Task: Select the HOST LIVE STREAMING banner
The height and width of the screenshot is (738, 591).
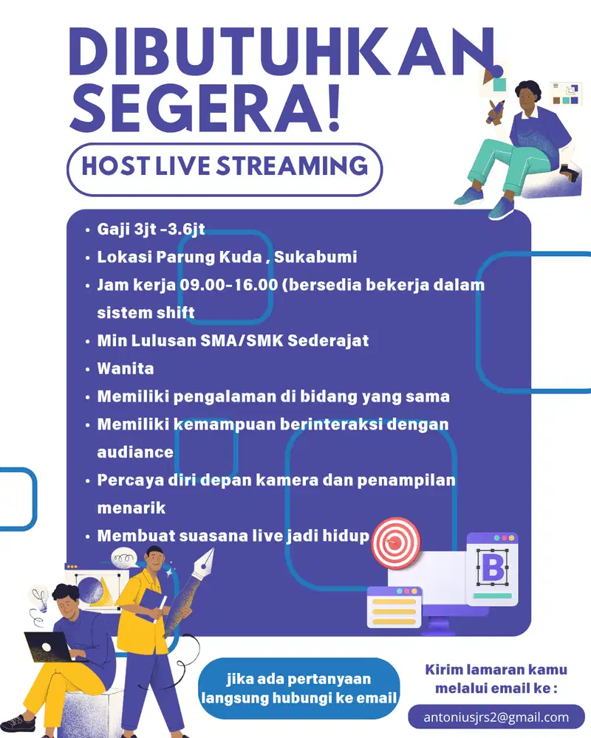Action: (x=225, y=165)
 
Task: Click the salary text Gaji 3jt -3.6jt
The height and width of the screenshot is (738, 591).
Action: (x=151, y=230)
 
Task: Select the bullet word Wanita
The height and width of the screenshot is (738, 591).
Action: (x=126, y=368)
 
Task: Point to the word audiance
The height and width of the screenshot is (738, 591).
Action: (x=135, y=452)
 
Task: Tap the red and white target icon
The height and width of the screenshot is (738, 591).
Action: (x=395, y=542)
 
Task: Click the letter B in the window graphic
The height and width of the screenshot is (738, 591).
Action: (x=491, y=569)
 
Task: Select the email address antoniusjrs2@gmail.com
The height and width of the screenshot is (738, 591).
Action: (x=496, y=717)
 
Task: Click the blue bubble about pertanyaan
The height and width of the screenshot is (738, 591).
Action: (x=298, y=689)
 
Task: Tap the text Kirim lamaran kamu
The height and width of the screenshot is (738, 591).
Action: (x=496, y=670)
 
